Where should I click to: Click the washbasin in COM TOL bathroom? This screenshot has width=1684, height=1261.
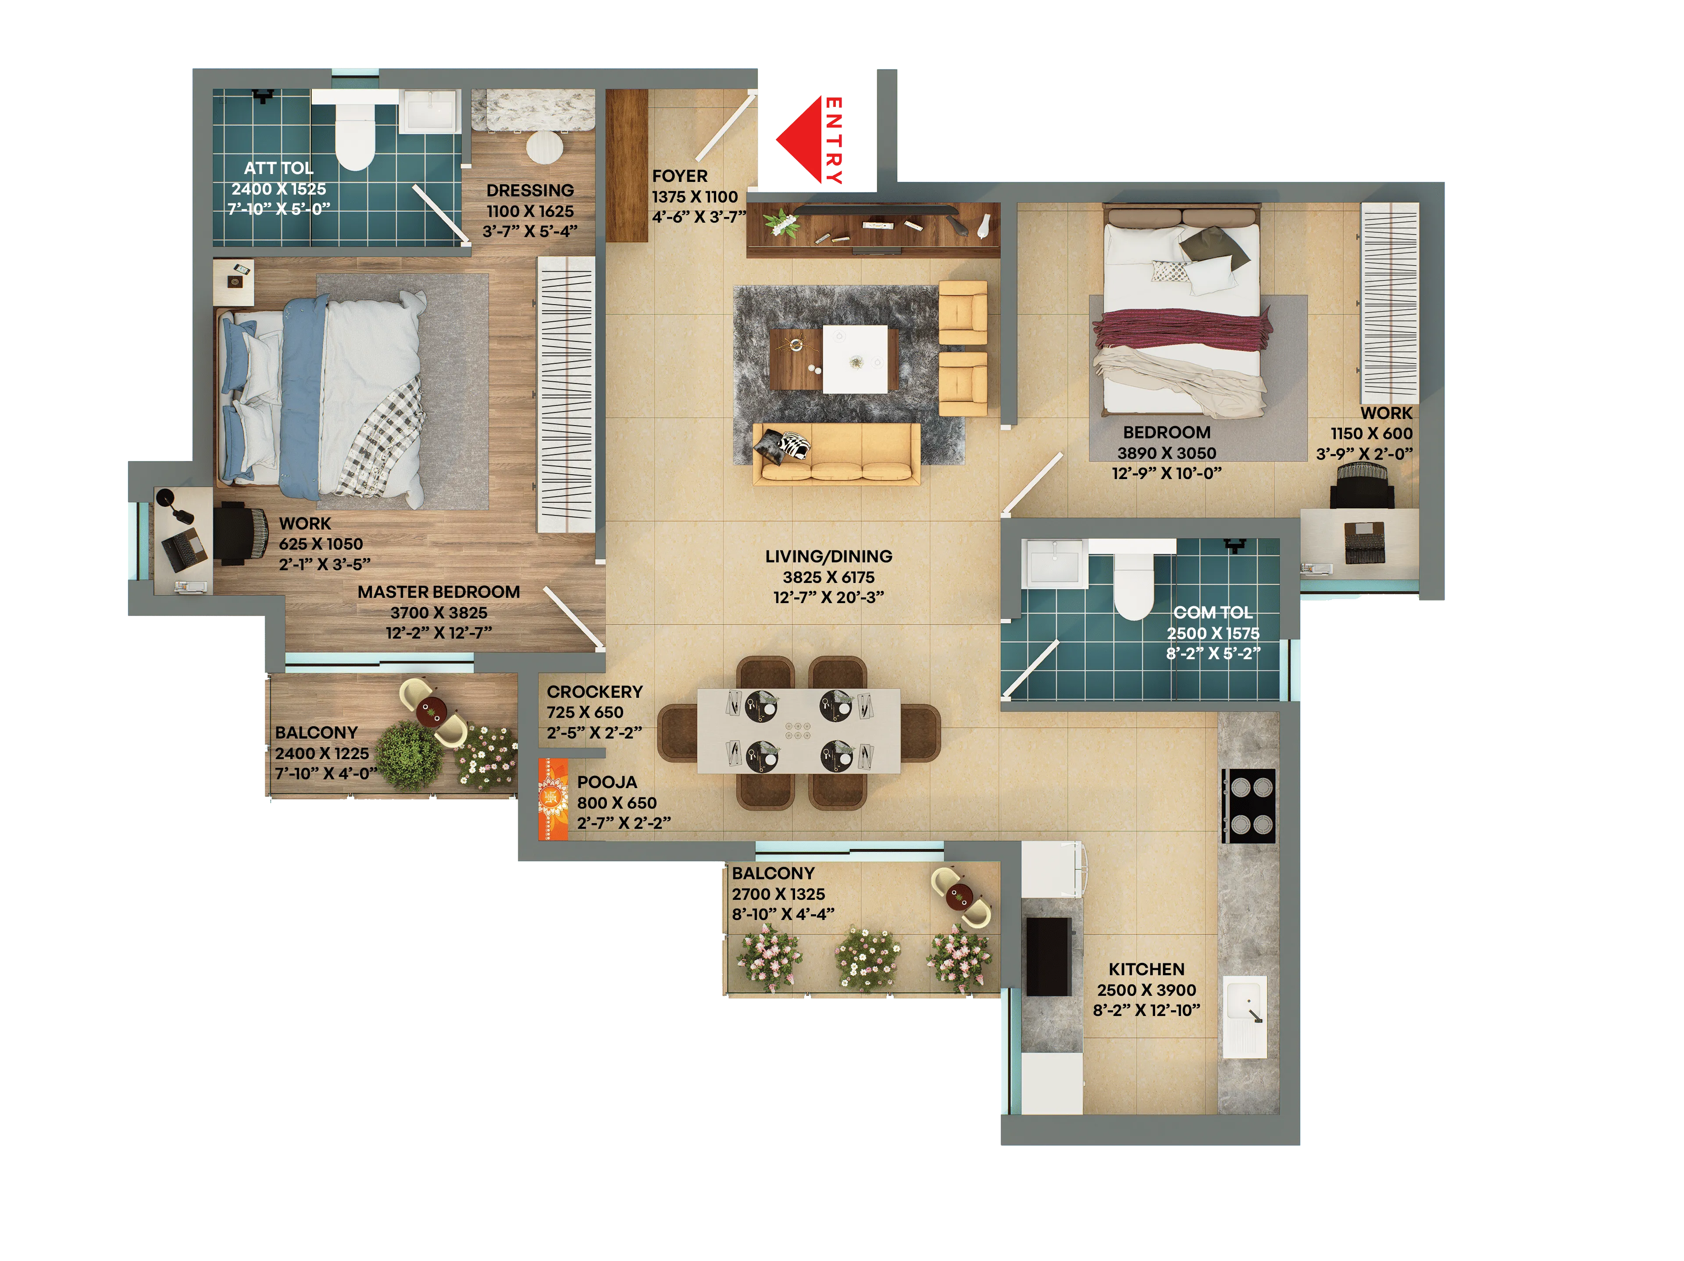tap(1054, 564)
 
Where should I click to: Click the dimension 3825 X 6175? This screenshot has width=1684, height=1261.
tap(828, 578)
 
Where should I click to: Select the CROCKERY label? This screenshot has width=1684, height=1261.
tap(595, 692)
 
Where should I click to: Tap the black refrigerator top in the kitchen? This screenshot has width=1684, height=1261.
tap(1048, 956)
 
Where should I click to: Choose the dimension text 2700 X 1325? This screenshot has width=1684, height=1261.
tap(778, 894)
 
